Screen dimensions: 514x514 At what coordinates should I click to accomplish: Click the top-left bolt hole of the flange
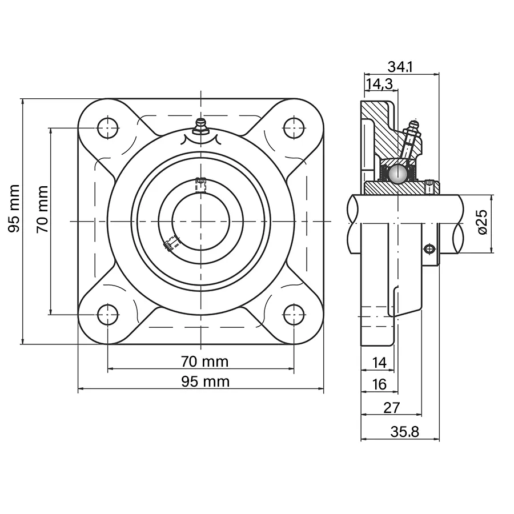108,128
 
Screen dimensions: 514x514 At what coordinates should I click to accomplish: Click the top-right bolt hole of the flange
294,128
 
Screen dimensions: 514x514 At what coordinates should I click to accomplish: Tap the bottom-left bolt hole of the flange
108,314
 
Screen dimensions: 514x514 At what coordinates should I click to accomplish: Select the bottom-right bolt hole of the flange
294,314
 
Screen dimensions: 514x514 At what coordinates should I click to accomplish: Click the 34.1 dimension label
400,67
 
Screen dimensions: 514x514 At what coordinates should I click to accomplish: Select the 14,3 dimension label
379,84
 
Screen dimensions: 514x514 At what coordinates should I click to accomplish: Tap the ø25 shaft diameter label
483,222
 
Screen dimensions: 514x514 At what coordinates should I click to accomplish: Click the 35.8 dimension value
404,432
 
